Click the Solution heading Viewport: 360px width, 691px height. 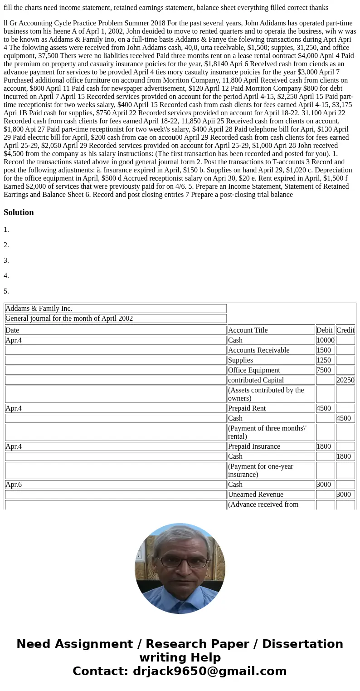[x=19, y=212]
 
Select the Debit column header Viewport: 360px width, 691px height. [x=325, y=330]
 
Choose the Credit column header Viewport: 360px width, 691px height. [x=345, y=330]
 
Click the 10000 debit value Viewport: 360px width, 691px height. [x=325, y=340]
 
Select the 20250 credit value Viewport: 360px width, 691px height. [x=345, y=380]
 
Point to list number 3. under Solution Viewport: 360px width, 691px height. [x=6, y=260]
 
